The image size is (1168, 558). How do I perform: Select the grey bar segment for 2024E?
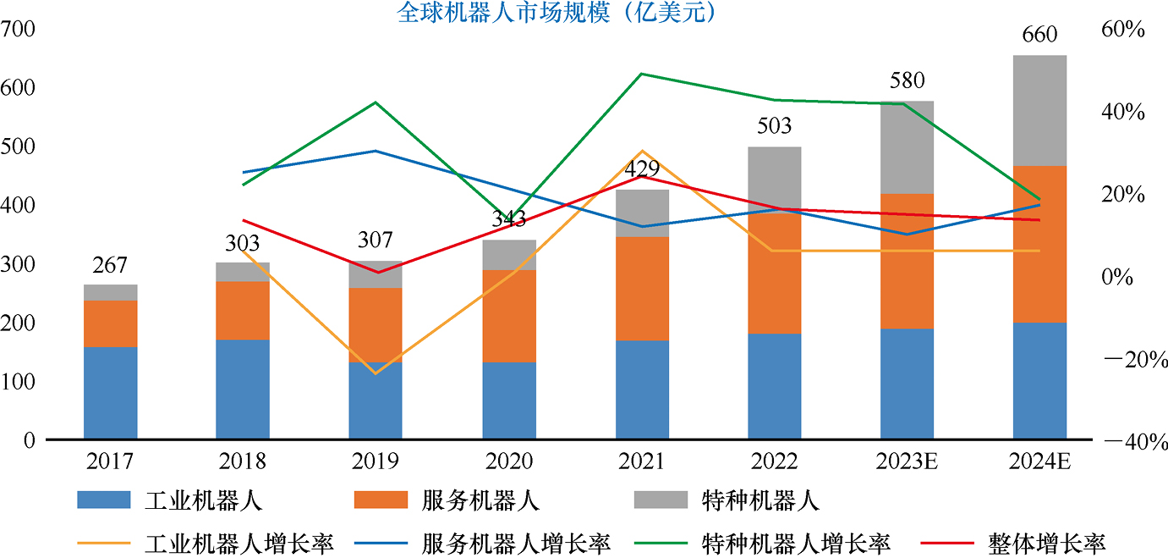tap(1039, 110)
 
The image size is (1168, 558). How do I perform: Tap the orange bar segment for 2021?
tap(642, 288)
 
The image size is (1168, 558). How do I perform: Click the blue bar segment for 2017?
tap(111, 393)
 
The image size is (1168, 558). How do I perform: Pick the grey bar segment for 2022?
tap(775, 178)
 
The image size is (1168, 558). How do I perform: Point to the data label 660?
tap(1039, 35)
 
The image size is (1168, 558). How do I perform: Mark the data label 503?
tap(775, 126)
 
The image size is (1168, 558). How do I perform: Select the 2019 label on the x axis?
tap(376, 461)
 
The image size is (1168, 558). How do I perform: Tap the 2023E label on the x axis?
tap(908, 461)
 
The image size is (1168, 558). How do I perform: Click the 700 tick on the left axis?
tap(18, 30)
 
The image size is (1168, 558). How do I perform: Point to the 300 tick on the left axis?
tap(18, 265)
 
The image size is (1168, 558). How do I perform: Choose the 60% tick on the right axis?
tap(1123, 30)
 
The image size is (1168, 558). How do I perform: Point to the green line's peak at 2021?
tap(642, 74)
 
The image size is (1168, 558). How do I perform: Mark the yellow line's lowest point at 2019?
tap(376, 373)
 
